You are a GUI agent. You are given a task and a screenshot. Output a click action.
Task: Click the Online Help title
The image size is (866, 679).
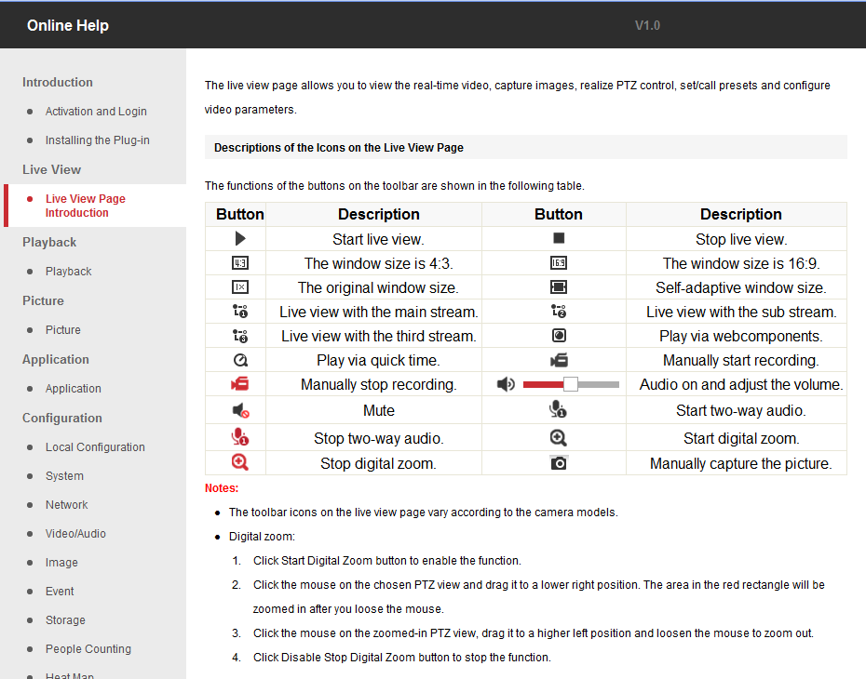pos(68,25)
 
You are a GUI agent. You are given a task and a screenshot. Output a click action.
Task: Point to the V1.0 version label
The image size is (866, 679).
pos(647,25)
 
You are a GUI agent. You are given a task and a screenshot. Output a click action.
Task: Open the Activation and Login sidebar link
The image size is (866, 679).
pos(96,112)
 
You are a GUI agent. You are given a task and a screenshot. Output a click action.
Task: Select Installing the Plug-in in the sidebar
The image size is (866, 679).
pos(97,140)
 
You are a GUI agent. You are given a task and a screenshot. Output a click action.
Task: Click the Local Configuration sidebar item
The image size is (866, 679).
pos(95,446)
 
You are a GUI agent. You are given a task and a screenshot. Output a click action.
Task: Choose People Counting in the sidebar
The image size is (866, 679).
pos(88,648)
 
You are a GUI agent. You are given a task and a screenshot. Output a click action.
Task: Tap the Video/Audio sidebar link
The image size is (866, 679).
pos(75,533)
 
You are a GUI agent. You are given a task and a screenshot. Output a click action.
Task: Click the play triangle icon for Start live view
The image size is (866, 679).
pos(240,238)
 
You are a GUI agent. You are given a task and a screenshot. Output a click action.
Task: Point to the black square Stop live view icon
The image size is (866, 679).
pos(559,238)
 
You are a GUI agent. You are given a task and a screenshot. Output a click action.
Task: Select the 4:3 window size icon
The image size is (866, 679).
pos(240,263)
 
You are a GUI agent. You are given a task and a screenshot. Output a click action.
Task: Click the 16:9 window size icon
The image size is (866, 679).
pos(559,263)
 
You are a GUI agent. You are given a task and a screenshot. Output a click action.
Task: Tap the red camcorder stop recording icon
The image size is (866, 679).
pos(240,384)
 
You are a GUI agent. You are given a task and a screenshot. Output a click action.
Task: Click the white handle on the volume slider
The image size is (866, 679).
pos(571,384)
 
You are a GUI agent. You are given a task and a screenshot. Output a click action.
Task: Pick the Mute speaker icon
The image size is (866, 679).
pos(240,410)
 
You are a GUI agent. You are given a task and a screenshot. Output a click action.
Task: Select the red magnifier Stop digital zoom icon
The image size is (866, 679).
pos(239,462)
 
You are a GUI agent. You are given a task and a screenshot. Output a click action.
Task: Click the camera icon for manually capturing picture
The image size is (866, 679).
pos(559,463)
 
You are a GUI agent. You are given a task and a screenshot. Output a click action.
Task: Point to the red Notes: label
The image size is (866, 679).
pos(222,488)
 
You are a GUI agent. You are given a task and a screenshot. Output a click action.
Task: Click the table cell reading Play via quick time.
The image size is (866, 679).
pos(378,360)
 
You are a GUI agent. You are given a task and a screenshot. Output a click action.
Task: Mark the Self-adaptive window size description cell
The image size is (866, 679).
pos(740,287)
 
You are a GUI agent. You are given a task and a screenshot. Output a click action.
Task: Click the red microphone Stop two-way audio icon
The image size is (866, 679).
pos(240,437)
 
